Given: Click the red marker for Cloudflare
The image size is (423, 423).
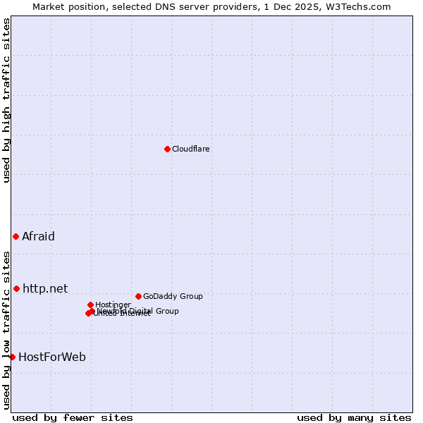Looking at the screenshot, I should [167, 149].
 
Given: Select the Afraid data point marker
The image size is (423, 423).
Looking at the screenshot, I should [16, 236].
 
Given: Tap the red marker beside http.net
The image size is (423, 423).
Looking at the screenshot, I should [16, 288].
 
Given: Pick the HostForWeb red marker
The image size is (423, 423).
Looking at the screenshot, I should [12, 357].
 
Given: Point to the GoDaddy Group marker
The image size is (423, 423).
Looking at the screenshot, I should [138, 296].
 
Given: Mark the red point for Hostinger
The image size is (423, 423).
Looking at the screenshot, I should [90, 305].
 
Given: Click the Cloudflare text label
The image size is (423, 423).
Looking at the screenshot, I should [191, 149].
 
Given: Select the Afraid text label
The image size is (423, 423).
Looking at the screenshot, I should [38, 236].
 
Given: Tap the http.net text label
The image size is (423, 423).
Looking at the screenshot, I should [45, 288].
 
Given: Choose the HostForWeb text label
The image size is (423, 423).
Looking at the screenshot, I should [52, 357].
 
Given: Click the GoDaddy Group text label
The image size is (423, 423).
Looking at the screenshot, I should [173, 296].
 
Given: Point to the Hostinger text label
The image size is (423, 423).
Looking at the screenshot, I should [113, 305].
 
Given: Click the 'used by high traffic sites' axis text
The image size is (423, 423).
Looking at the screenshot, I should [7, 100].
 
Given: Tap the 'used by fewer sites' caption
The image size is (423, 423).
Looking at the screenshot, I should [73, 417].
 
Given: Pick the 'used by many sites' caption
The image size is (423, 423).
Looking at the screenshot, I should [354, 417].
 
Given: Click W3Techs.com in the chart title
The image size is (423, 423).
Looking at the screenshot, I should [364, 6].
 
